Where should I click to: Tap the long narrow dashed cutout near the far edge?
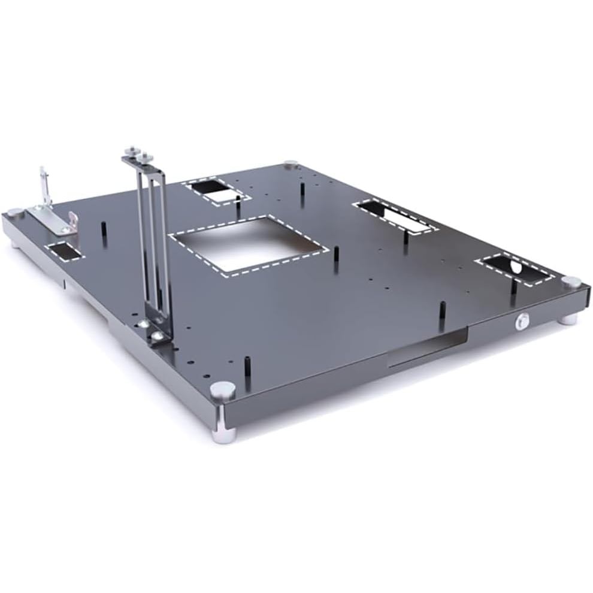point(395,217)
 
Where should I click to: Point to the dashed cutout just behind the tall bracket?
point(214,191)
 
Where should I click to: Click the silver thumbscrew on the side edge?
point(522,322)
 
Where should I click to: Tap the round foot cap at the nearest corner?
point(223,390)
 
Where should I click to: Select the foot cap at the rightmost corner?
point(572,282)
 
